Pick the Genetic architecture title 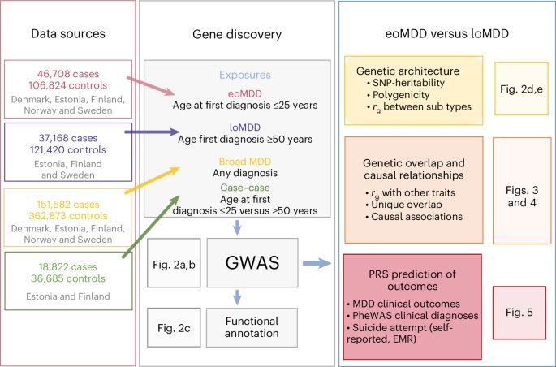tap(404, 71)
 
